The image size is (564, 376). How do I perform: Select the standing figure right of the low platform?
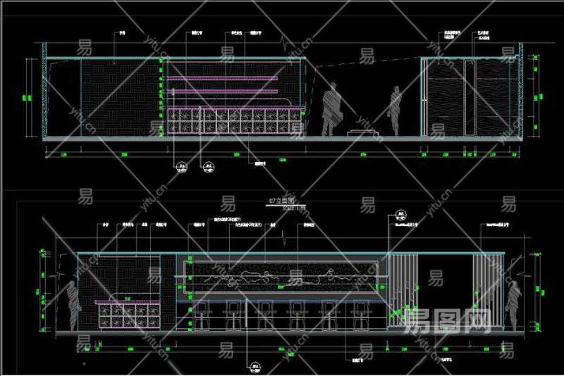click(396, 111)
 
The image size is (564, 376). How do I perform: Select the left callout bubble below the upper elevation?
click(181, 167)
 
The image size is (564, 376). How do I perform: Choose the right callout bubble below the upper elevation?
click(207, 167)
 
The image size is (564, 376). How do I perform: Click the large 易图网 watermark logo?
click(448, 320)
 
